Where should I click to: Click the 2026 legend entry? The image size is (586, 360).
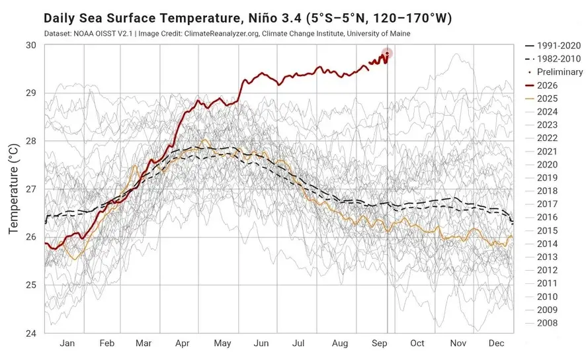tap(542, 85)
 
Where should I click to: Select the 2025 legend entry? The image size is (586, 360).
tap(542, 99)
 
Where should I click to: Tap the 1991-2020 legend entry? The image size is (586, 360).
tap(553, 46)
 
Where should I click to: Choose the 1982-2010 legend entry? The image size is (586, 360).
tap(553, 59)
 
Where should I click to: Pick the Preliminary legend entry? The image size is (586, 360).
tap(556, 71)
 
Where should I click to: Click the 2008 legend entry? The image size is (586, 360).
tap(542, 323)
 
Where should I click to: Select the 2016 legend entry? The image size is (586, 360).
tap(542, 217)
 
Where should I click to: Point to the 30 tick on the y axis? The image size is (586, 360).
tap(31, 45)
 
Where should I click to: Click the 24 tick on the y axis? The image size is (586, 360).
tap(31, 333)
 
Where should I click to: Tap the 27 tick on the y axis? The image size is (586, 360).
tap(31, 189)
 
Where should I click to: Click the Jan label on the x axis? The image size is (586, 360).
tap(67, 343)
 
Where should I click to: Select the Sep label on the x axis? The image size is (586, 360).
tap(380, 343)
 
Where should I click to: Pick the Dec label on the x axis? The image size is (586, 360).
tap(496, 343)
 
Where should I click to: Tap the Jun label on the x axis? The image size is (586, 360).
tap(261, 343)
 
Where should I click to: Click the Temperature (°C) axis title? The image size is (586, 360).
tap(13, 189)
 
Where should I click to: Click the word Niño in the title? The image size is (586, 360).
tap(265, 18)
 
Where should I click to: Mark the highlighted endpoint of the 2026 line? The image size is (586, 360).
tap(387, 54)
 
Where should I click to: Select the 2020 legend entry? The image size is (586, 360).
tap(542, 165)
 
